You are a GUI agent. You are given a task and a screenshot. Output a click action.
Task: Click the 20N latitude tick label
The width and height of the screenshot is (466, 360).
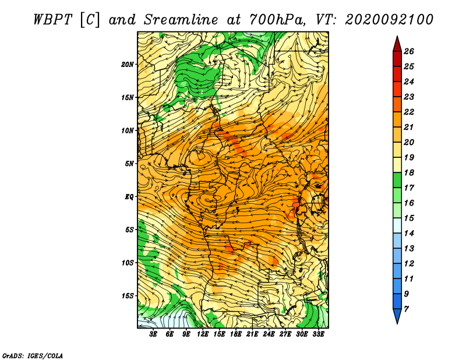pos(128,65)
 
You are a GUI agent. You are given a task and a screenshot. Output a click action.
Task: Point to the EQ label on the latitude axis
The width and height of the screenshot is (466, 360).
pos(129,197)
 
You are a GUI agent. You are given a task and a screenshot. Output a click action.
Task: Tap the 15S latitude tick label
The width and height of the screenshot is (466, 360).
pos(128,296)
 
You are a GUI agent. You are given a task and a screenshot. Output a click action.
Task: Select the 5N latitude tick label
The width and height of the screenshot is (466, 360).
pos(129,164)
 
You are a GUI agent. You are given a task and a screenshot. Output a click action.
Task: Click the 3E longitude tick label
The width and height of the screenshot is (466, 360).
pos(153,334)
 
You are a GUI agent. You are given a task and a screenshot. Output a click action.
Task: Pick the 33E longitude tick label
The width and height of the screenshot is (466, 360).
pos(318,334)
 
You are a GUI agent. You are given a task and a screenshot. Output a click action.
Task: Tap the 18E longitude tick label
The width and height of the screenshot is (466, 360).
pos(236,334)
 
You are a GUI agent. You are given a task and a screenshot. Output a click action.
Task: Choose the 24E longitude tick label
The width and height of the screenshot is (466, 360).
pos(269,334)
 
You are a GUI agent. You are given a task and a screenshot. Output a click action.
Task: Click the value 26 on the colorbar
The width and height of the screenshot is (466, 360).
pos(409,51)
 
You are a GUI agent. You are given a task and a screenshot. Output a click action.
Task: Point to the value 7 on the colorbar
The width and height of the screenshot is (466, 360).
pos(406,309)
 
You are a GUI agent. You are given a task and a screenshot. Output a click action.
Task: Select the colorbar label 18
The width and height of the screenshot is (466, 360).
pos(409,172)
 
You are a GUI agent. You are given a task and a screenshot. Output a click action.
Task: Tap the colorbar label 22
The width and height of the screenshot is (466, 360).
pos(409,112)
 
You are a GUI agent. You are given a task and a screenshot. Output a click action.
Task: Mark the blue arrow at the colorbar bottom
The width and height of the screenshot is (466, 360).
pos(397,316)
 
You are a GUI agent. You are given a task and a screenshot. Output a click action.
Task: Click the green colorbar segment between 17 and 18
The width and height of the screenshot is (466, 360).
pos(397,180)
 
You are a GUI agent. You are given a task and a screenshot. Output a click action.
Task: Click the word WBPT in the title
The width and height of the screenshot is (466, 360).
pos(52,20)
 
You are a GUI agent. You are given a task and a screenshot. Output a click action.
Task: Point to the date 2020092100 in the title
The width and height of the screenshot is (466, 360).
pos(389,20)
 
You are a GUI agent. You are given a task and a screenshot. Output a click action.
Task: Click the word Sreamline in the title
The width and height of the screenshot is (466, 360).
pos(181,20)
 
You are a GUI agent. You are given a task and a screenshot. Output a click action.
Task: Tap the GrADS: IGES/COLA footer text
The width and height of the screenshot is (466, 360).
pos(33,356)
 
